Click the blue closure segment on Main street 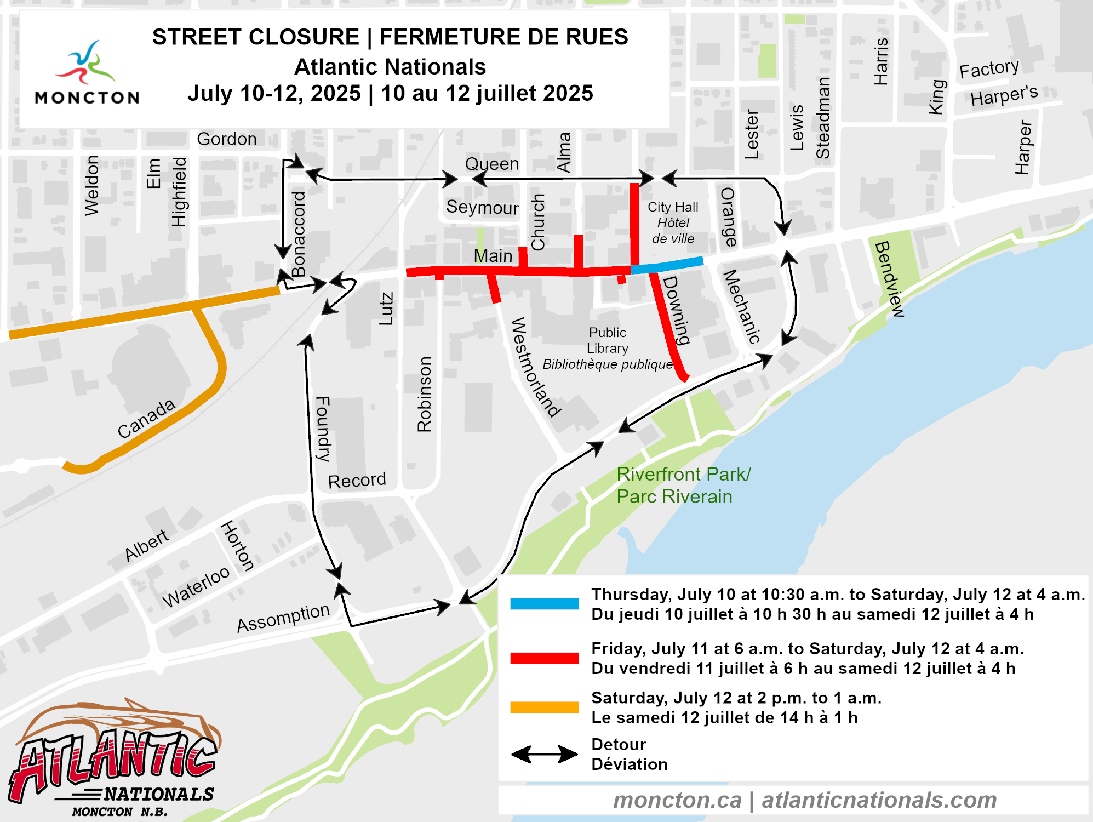click(667, 265)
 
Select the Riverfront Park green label click(683, 485)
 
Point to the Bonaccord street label click(299, 234)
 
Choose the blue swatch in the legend click(544, 604)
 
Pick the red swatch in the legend click(544, 658)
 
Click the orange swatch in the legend click(544, 707)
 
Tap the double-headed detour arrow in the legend click(544, 754)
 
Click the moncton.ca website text click(677, 800)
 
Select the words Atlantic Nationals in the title click(390, 67)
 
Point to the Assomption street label click(283, 618)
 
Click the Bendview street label click(889, 278)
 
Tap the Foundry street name click(323, 429)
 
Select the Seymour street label click(482, 207)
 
